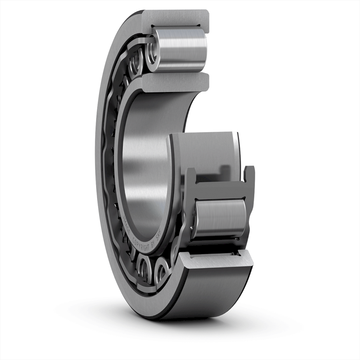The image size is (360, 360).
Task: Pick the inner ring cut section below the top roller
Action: click(176, 82)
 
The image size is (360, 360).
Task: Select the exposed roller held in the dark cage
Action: click(220, 218)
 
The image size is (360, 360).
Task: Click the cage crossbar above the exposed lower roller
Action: click(220, 189)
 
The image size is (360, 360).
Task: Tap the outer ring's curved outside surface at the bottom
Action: click(208, 296)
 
